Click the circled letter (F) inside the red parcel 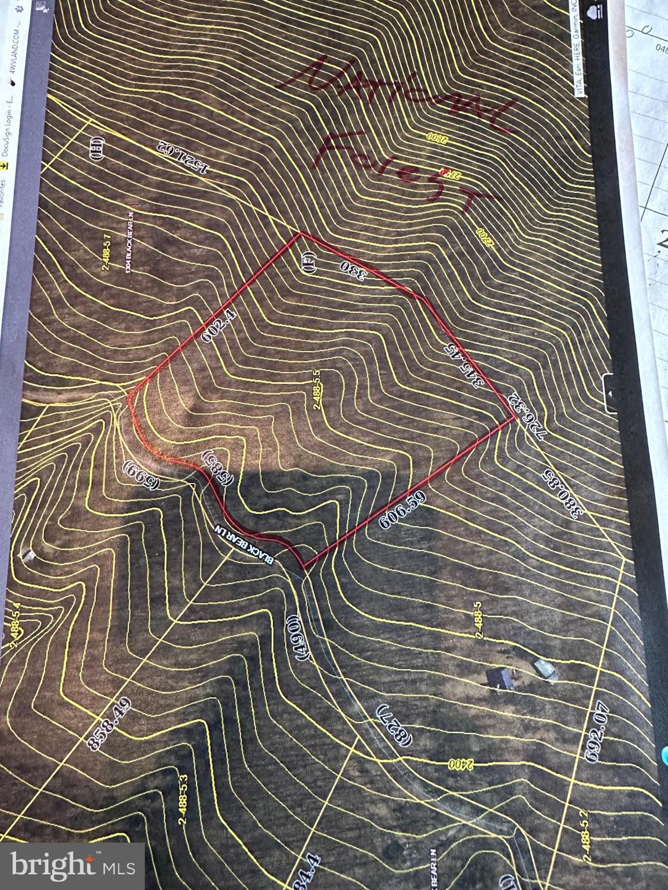[x=308, y=264]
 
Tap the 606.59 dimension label [x=402, y=510]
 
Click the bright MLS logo [x=72, y=866]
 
